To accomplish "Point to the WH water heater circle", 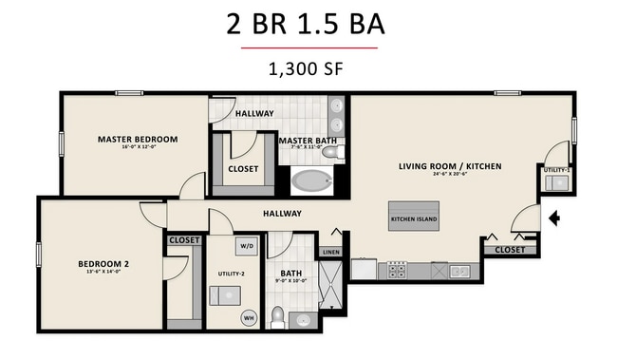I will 251,317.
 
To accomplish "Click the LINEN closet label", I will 330,252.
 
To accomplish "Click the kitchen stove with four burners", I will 396,271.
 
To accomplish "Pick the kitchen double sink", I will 459,271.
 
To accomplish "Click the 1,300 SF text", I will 308,68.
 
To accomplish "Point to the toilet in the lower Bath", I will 278,315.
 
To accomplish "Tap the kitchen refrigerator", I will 365,269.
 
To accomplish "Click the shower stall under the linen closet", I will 330,283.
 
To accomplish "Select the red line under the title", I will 308,47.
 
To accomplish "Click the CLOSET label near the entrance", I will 509,250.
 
